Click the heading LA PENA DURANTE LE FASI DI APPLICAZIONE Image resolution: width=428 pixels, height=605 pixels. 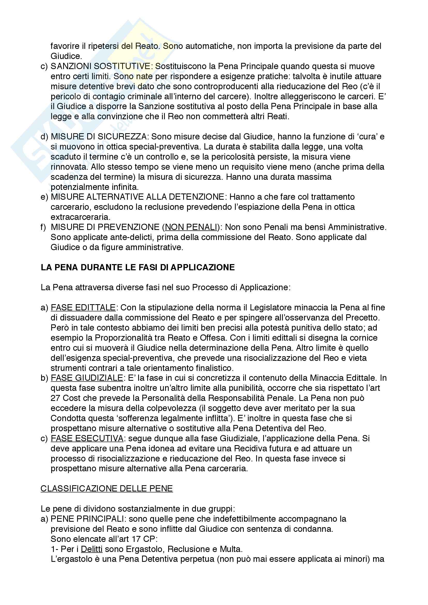[138, 267]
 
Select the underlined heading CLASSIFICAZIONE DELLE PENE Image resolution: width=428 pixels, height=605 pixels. [106, 488]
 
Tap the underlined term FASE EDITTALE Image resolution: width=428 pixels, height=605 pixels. [83, 308]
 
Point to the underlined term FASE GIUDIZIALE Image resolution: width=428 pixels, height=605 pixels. [87, 378]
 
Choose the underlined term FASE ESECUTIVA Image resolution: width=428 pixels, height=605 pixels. [87, 438]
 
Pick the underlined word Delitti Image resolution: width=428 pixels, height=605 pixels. [91, 549]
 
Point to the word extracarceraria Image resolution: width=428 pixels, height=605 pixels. [80, 217]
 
